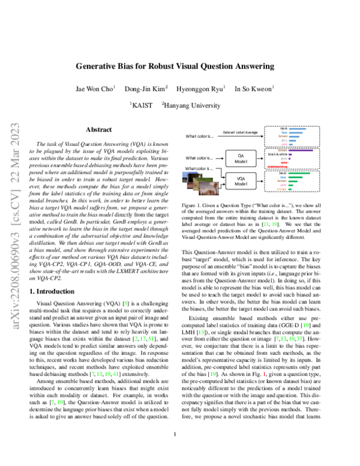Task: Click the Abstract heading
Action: (98, 129)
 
